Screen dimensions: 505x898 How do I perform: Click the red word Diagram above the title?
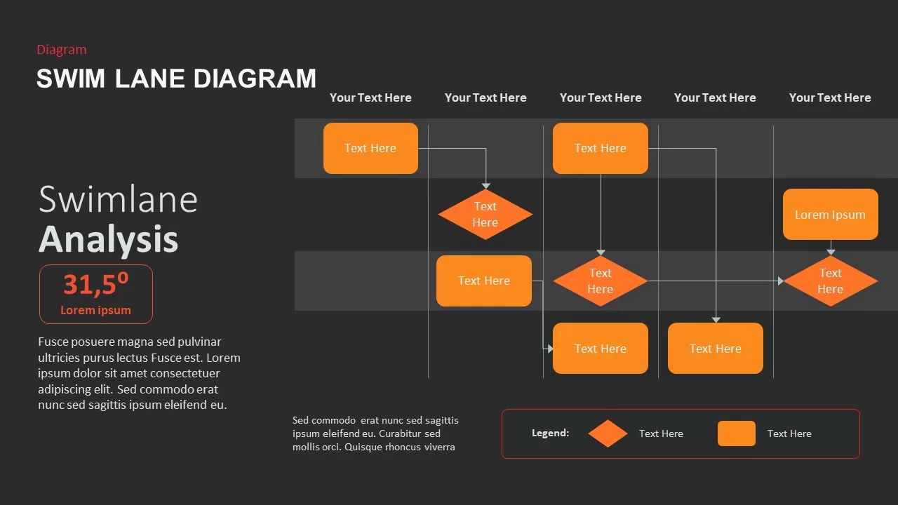(x=62, y=50)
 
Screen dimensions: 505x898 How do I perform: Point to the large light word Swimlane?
(x=118, y=199)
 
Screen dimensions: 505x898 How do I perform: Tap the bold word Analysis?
(x=108, y=238)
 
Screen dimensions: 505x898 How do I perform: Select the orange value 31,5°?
(x=95, y=284)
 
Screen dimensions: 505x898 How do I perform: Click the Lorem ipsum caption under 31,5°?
(x=95, y=310)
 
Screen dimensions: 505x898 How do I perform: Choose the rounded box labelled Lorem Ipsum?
(x=830, y=215)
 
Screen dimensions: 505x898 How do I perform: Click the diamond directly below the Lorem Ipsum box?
(x=830, y=281)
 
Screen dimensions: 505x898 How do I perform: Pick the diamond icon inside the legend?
(x=608, y=433)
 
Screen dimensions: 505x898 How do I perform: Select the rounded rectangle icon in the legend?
(x=736, y=433)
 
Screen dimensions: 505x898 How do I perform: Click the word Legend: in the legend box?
(x=550, y=433)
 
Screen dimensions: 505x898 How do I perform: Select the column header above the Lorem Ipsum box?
(x=830, y=97)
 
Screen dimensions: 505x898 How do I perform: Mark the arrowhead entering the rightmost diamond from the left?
(x=780, y=281)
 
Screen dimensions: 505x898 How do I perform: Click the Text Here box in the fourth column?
(x=715, y=349)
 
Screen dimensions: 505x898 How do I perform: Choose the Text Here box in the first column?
(x=370, y=148)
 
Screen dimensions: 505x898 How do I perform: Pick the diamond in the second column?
(x=485, y=215)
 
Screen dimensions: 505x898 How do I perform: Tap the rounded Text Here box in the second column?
(x=483, y=281)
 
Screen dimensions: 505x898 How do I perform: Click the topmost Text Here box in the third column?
(x=600, y=148)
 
